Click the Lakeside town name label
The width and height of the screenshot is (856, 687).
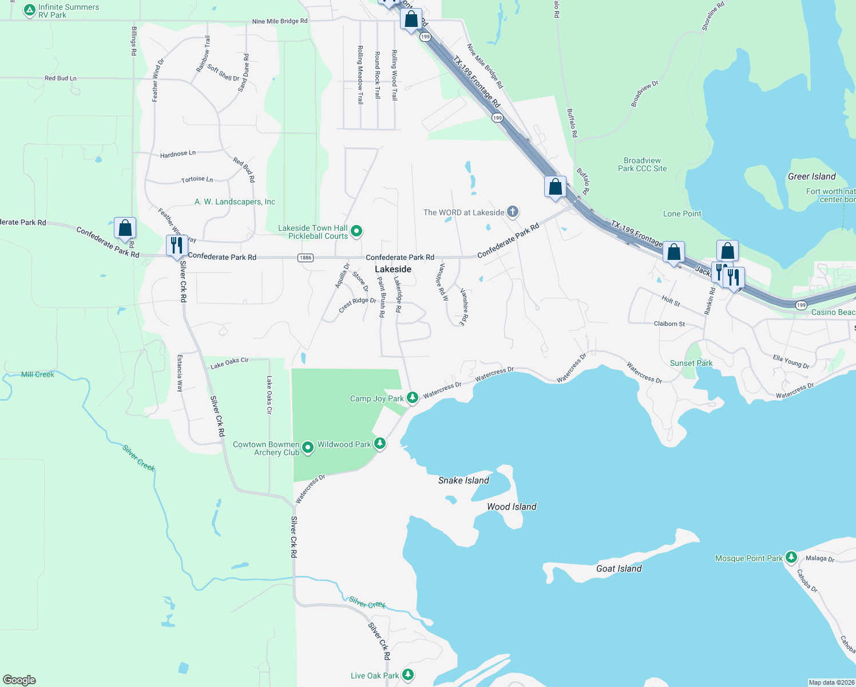pyautogui.click(x=393, y=269)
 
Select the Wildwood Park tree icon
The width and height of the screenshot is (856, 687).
pyautogui.click(x=379, y=444)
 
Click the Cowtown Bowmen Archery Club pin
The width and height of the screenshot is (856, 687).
pyautogui.click(x=308, y=448)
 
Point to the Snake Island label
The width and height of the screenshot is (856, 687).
pyautogui.click(x=463, y=480)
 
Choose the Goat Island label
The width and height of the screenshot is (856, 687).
pyautogui.click(x=619, y=568)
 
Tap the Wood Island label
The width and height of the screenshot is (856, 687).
pyautogui.click(x=512, y=507)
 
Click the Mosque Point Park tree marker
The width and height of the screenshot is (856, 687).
pyautogui.click(x=791, y=557)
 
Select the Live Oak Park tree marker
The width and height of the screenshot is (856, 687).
pyautogui.click(x=408, y=675)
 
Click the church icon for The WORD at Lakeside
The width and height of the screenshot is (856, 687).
pyautogui.click(x=513, y=212)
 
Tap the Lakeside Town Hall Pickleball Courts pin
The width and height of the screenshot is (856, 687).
pyautogui.click(x=356, y=231)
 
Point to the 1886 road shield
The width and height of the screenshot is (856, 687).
pyautogui.click(x=306, y=258)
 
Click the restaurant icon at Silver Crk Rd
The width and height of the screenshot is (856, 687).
pyautogui.click(x=176, y=245)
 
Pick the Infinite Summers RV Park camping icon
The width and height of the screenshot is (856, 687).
pyautogui.click(x=30, y=10)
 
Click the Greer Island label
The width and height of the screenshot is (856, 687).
pyautogui.click(x=811, y=176)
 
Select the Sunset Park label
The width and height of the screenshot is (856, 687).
pyautogui.click(x=691, y=363)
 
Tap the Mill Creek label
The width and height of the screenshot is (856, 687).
pyautogui.click(x=38, y=374)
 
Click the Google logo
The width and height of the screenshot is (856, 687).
pyautogui.click(x=19, y=680)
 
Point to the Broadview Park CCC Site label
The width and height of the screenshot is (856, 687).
pyautogui.click(x=642, y=164)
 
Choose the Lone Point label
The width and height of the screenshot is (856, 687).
pyautogui.click(x=682, y=214)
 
